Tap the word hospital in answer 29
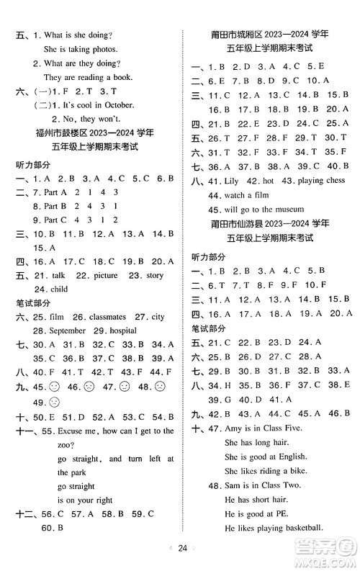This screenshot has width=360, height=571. click(120, 330)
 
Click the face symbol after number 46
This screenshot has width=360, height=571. click(85, 387)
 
